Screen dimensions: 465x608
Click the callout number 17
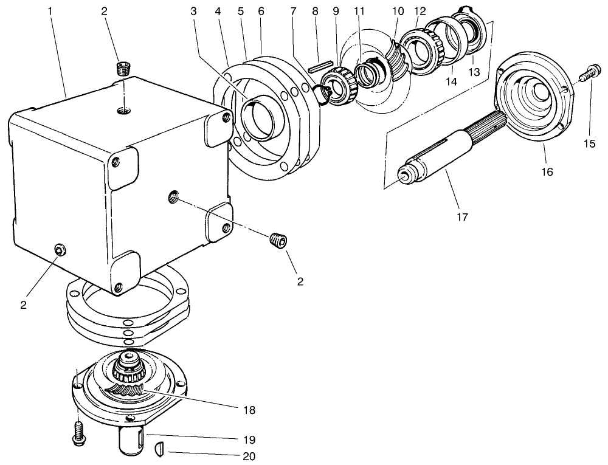[462, 216]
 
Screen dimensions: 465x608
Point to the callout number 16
[547, 172]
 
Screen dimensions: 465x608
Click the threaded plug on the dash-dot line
[278, 240]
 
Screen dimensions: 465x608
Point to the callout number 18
[247, 411]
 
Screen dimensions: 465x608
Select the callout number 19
[247, 439]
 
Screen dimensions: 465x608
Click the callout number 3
[193, 12]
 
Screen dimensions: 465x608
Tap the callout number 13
[473, 72]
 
